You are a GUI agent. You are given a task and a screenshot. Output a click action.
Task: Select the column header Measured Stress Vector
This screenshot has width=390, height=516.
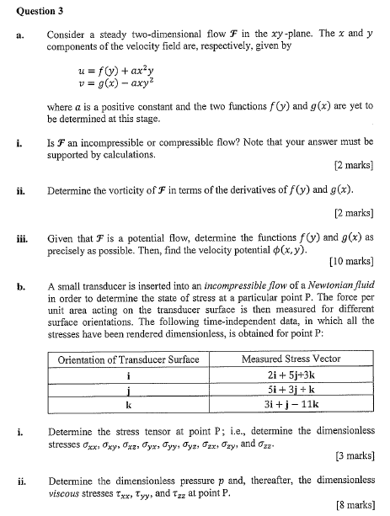point(291,359)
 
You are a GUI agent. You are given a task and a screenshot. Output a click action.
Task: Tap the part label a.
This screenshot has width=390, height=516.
point(17,35)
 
